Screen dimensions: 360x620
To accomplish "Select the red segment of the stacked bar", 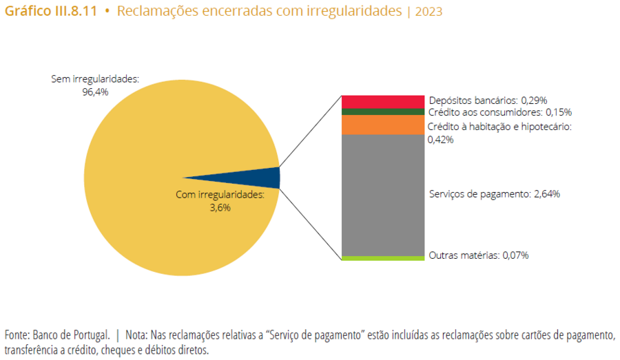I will [382, 101].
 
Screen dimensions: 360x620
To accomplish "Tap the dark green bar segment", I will [382, 112].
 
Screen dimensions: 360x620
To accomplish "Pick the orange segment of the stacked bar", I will [382, 125].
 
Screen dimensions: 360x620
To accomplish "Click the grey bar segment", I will [382, 195].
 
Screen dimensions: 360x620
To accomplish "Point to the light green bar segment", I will [382, 258].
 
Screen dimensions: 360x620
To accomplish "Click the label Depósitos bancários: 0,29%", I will [488, 100].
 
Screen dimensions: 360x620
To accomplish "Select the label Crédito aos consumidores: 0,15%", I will [499, 112].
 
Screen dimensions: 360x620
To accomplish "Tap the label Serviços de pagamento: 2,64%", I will [494, 194].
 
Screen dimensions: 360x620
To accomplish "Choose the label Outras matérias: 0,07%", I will [478, 255].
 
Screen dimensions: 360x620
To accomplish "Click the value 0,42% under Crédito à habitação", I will [440, 139].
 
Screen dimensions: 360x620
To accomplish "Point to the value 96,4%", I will [95, 91].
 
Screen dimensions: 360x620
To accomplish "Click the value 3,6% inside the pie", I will [220, 207].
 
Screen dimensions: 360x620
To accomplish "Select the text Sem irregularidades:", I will [95, 79].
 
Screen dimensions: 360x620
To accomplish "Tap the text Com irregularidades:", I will [220, 195].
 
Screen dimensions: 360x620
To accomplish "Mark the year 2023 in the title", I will [429, 12].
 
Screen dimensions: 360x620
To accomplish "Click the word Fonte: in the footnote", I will [17, 335].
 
